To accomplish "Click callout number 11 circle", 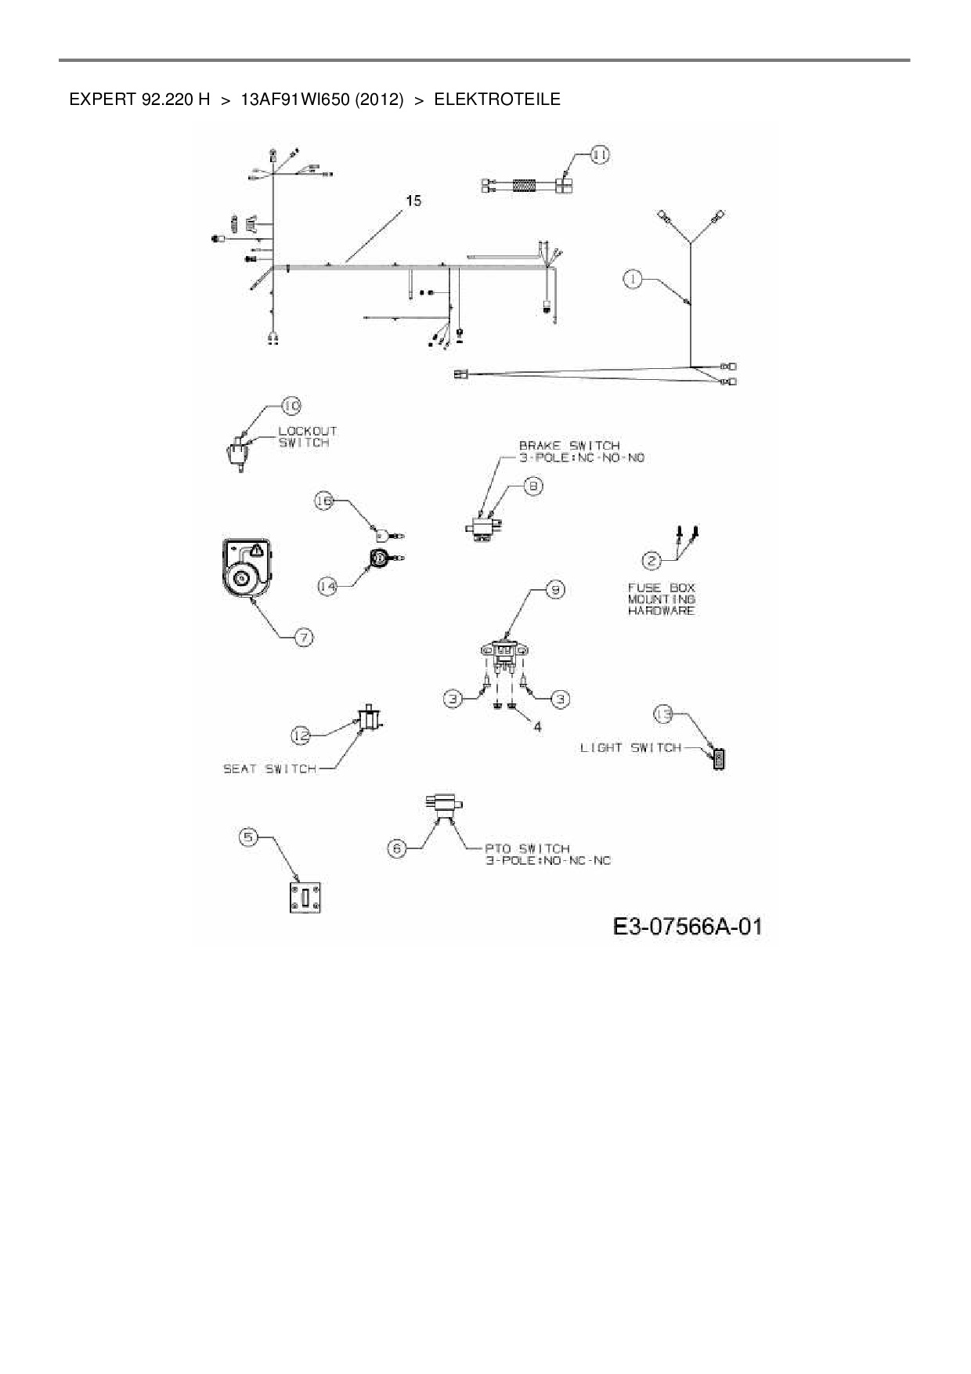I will point(599,155).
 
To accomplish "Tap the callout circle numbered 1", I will point(633,278).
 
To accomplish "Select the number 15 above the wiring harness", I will point(413,201).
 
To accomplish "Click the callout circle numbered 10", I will point(291,406).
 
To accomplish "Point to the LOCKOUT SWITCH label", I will point(308,437).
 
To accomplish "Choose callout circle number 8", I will point(533,486).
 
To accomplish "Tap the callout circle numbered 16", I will point(325,501).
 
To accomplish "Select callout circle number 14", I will point(328,585).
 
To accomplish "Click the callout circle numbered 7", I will point(304,638).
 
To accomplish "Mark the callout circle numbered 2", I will point(651,560).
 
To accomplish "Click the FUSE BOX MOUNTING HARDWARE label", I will point(661,599).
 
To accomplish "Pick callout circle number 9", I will point(554,590).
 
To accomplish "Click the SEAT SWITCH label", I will point(269,769).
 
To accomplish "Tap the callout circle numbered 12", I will point(301,735).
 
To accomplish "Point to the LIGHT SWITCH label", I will point(630,748).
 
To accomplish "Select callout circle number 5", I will point(248,837).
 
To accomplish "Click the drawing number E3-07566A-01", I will point(687,927).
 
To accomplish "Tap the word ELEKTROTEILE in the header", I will point(496,99).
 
